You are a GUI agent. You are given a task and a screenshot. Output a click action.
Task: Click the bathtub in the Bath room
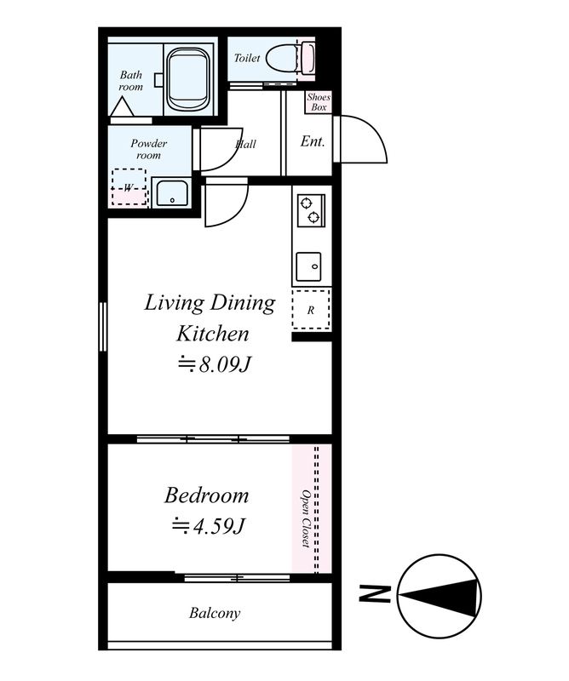point(189,80)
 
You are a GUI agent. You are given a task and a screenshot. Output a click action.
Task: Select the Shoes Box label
point(319,102)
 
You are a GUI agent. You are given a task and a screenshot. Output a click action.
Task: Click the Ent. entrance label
point(313,141)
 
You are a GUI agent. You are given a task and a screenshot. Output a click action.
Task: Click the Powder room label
point(149,149)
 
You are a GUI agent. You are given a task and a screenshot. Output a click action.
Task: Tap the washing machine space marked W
point(129,187)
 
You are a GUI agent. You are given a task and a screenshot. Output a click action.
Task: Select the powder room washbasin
point(172,193)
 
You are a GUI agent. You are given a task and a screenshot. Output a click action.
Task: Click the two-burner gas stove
point(311,210)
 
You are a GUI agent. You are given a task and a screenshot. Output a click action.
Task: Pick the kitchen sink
point(308,266)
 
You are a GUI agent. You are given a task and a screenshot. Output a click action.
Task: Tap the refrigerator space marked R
point(311,310)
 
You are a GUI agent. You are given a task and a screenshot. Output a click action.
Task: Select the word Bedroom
point(206,496)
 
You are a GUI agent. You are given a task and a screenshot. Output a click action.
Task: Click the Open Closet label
point(306,518)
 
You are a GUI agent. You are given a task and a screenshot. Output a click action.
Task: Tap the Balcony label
point(215,613)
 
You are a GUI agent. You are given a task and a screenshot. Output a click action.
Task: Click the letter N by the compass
point(374,593)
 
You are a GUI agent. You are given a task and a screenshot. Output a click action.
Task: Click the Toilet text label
point(247,58)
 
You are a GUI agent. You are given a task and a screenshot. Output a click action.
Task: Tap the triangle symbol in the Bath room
point(123,106)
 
